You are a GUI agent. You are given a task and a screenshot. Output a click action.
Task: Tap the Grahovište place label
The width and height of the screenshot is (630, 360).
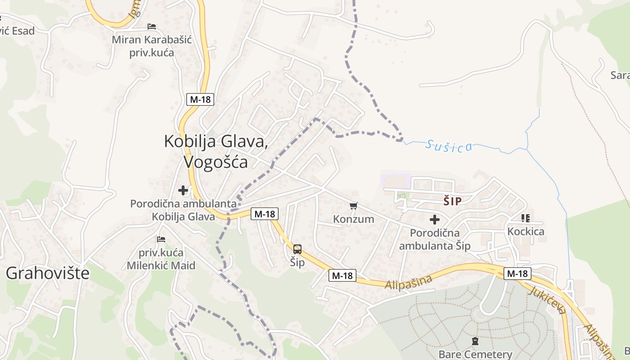coord(48,273)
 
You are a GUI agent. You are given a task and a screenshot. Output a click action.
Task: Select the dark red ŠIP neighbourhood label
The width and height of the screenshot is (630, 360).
coord(452,201)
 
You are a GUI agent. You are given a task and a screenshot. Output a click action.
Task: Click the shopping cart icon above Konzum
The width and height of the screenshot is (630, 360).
coord(354,206)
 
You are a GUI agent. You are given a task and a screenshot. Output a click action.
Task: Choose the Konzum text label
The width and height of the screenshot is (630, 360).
coord(354,219)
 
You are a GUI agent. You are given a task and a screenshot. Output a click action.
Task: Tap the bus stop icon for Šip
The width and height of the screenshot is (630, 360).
coord(297,249)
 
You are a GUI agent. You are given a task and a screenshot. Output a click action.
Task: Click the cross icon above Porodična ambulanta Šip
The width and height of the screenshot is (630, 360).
coord(434,220)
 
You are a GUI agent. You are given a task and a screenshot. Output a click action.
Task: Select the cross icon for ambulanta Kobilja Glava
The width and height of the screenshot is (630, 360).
coord(183,190)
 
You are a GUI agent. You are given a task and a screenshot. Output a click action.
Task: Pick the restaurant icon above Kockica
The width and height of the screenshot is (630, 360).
coord(525,218)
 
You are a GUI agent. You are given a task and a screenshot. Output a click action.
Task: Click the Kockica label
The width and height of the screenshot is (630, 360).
coord(526,232)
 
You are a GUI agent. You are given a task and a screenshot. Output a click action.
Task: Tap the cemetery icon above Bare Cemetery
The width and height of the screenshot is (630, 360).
coord(475,341)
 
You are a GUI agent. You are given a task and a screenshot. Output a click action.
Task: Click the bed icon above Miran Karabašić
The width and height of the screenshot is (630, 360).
coord(152,27)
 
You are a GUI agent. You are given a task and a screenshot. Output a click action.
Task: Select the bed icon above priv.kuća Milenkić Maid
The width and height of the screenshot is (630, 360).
coord(161,239)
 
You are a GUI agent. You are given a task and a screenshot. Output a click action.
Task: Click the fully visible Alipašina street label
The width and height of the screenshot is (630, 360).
coord(409,282)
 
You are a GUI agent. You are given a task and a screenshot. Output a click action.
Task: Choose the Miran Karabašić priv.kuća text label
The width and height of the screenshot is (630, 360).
coord(152,46)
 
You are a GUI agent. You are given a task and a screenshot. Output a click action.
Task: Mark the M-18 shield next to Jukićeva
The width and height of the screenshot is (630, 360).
coord(517,273)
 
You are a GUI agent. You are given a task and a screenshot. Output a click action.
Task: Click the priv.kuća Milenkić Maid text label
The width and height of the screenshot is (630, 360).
coord(161,259)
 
